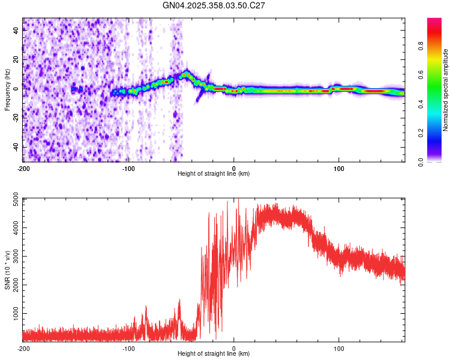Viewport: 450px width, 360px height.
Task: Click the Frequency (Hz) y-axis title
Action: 7,90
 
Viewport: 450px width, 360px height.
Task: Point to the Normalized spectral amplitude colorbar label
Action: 446,90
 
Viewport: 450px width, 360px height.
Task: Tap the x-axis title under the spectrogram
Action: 214,174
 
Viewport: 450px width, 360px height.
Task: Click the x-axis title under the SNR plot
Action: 214,354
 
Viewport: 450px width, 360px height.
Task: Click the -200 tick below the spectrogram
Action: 23,168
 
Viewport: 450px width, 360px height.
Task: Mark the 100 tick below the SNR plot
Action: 339,348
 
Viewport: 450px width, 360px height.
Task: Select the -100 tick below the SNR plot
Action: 128,348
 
